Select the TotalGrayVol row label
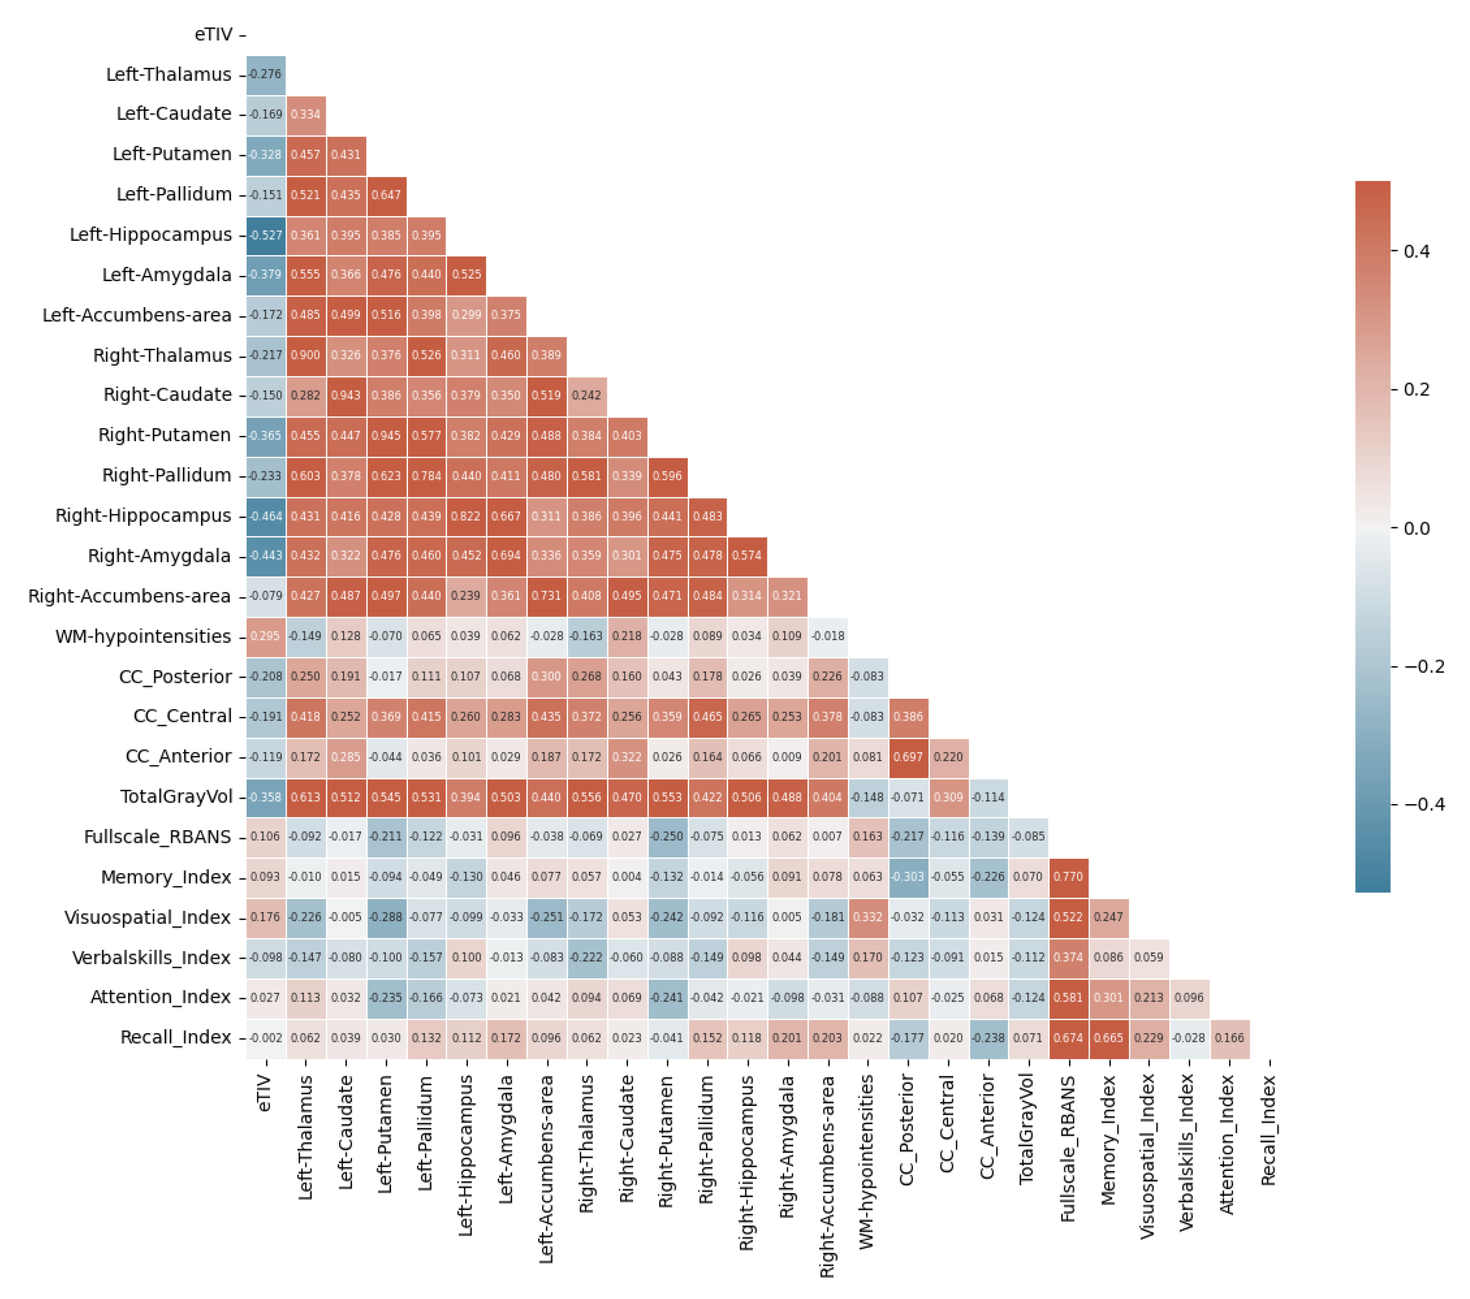point(176,797)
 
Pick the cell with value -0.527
point(266,235)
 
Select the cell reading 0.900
point(305,355)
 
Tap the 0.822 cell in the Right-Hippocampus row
point(467,516)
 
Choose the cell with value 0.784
point(427,475)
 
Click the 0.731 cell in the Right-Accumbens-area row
point(547,595)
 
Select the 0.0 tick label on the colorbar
point(1416,528)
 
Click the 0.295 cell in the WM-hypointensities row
point(266,636)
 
